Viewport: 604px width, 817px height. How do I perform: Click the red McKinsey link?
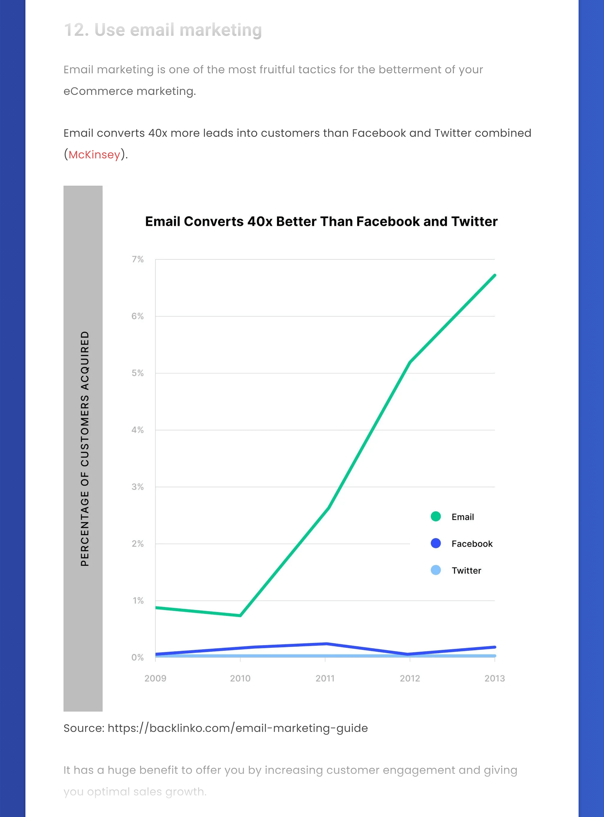click(x=94, y=155)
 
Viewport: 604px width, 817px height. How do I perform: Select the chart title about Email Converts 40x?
click(x=321, y=222)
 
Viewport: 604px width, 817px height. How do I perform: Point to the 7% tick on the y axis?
click(x=137, y=259)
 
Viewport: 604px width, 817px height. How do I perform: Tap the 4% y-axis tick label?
click(x=137, y=430)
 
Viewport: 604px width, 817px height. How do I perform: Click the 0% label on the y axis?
click(x=137, y=657)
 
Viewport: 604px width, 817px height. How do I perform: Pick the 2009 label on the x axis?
click(x=155, y=678)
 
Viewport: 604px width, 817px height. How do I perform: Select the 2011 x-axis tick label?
click(x=325, y=678)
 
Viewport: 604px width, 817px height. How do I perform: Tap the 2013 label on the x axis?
click(x=495, y=678)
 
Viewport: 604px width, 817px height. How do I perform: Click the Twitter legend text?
click(x=466, y=571)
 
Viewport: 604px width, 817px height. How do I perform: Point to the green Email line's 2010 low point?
click(x=240, y=616)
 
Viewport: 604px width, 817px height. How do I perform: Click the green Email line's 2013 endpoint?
click(x=495, y=275)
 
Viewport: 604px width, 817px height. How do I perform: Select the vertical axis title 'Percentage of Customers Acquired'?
click(x=85, y=449)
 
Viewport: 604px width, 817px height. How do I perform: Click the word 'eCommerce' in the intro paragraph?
click(x=98, y=91)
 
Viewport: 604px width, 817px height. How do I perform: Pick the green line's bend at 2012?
click(x=410, y=362)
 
